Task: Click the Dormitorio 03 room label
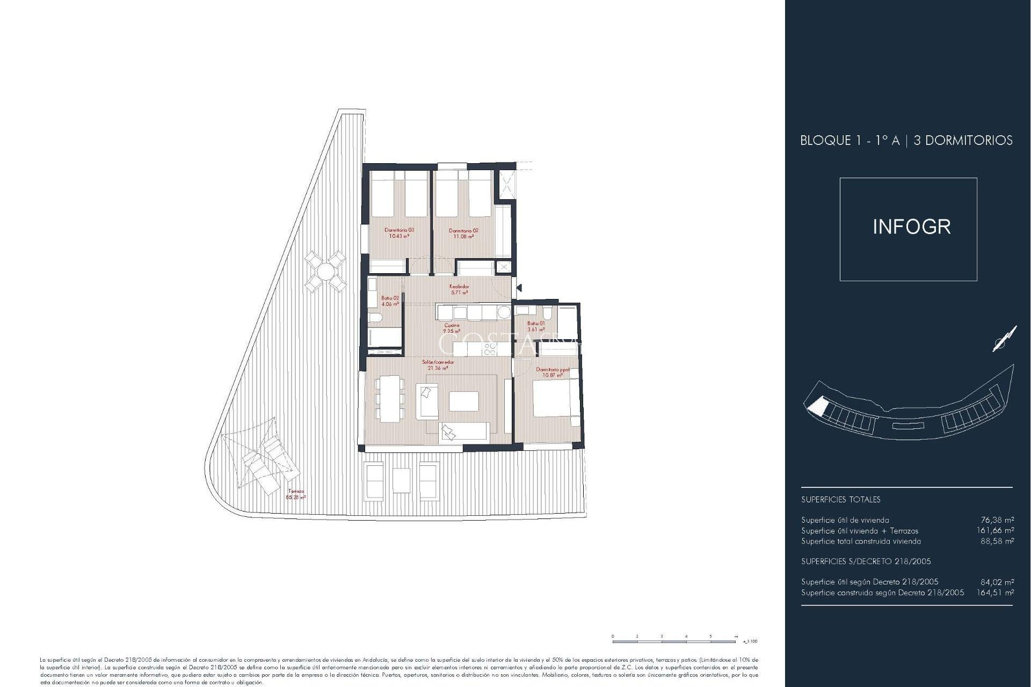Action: (x=399, y=233)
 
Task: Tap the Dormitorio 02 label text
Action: (x=463, y=233)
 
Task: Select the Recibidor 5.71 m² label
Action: (x=459, y=289)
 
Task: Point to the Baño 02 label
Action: (x=390, y=301)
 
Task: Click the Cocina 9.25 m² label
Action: (x=452, y=328)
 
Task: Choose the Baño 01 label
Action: (x=536, y=326)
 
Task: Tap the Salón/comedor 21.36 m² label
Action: (x=438, y=365)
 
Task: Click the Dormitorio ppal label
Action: (x=552, y=372)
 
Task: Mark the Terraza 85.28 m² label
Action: (x=296, y=494)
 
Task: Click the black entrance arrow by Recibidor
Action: (x=519, y=288)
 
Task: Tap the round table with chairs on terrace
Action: (x=325, y=271)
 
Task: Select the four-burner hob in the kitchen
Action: (x=490, y=349)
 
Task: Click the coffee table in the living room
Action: (x=463, y=401)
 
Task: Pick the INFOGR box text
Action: (x=911, y=227)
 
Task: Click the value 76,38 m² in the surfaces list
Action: (x=997, y=520)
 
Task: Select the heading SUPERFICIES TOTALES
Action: (x=840, y=500)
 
